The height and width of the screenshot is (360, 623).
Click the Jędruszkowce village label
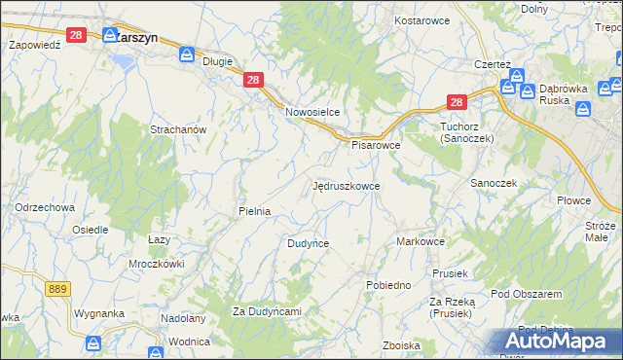346,185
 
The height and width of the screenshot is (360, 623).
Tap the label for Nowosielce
311,112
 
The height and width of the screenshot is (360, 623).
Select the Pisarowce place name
376,145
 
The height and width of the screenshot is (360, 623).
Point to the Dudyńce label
308,243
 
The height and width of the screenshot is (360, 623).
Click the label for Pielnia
254,210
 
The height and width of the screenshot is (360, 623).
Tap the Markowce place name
421,241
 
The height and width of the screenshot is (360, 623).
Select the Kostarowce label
420,19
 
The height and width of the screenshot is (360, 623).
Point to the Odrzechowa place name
45,207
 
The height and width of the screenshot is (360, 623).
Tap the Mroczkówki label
157,264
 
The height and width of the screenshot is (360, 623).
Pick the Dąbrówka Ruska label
568,95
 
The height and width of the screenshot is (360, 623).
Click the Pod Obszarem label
527,294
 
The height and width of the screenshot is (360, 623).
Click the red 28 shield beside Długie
252,81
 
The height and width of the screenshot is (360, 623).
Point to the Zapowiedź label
35,45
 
